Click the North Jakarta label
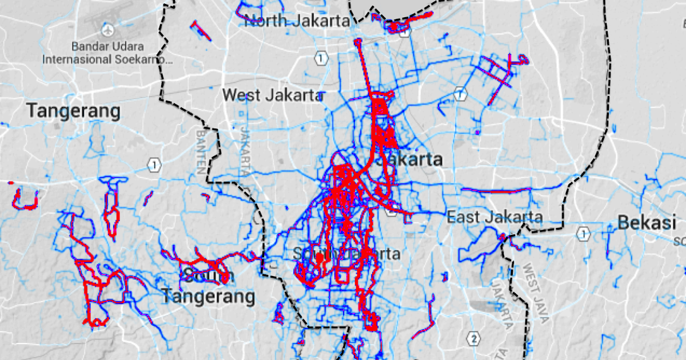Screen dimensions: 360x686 tap(297, 22)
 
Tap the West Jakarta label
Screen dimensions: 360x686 tap(273, 95)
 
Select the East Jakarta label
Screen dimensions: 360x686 tap(494, 217)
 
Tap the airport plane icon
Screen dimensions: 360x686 tap(107, 29)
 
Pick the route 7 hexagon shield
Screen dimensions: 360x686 tap(460, 93)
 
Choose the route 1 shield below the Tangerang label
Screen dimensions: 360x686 tap(153, 166)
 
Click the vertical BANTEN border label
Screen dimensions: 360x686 tap(201, 150)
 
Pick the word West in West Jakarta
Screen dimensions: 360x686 tap(241, 95)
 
